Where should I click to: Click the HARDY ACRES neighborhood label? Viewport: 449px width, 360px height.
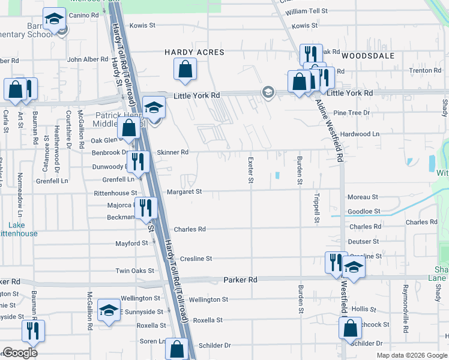point(194,52)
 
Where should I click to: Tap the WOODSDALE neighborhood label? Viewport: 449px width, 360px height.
point(368,56)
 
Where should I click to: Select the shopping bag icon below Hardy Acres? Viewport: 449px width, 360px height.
point(185,70)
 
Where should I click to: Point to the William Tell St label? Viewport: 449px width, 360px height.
point(307,11)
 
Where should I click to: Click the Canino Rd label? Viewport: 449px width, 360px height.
point(83,15)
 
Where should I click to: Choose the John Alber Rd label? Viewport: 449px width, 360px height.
point(87,59)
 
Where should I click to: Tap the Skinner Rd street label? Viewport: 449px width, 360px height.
point(172,152)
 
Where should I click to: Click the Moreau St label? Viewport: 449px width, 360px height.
point(363,197)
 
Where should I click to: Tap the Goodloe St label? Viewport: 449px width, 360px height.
point(364,211)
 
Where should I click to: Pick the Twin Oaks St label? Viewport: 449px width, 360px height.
point(134,271)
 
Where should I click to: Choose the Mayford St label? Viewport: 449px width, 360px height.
point(131,244)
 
